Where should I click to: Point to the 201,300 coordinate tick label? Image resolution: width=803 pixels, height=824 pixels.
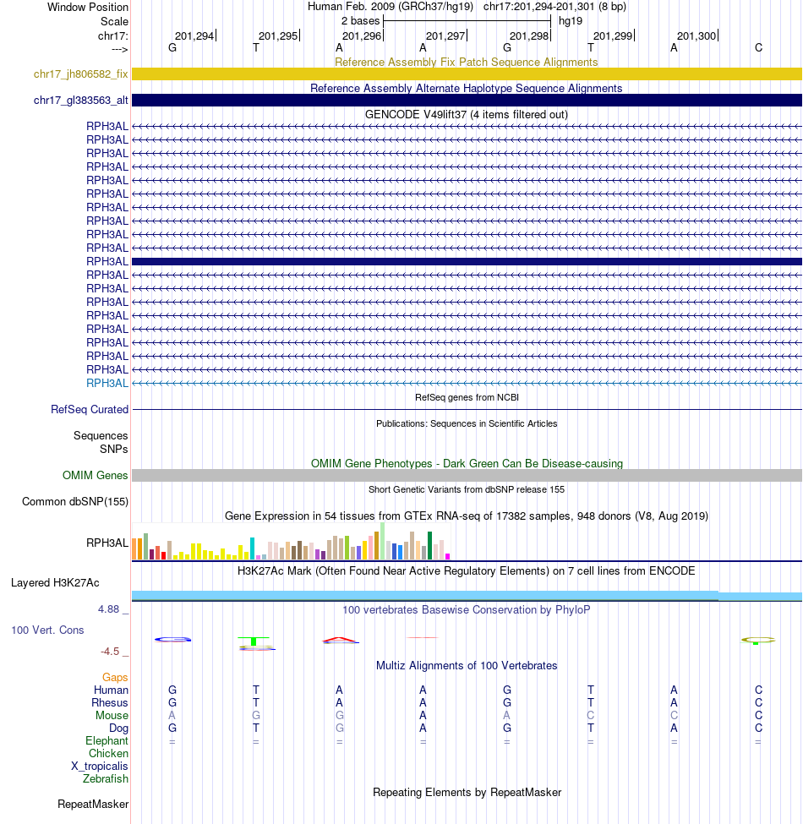click(696, 36)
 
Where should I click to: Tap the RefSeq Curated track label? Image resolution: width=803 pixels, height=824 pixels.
click(90, 410)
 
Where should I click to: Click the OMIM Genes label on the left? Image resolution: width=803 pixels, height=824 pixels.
click(96, 476)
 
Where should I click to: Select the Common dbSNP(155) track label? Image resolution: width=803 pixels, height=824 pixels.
click(75, 502)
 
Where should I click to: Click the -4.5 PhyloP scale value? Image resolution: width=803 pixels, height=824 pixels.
click(111, 652)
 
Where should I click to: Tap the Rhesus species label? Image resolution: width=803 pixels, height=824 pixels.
click(110, 703)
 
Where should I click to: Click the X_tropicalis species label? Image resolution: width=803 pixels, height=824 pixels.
click(100, 767)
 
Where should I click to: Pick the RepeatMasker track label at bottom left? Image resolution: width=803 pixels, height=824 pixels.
click(93, 805)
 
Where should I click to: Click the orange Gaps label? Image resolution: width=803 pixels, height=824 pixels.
click(115, 678)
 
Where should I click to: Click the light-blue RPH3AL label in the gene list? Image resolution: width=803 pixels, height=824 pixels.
click(107, 383)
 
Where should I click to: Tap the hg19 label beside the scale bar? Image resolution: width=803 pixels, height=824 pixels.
click(571, 21)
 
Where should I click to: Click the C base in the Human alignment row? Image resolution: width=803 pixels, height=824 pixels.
click(758, 690)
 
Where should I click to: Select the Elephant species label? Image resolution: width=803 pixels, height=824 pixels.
click(107, 741)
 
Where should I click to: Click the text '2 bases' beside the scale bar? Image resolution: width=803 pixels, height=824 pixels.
click(360, 21)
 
